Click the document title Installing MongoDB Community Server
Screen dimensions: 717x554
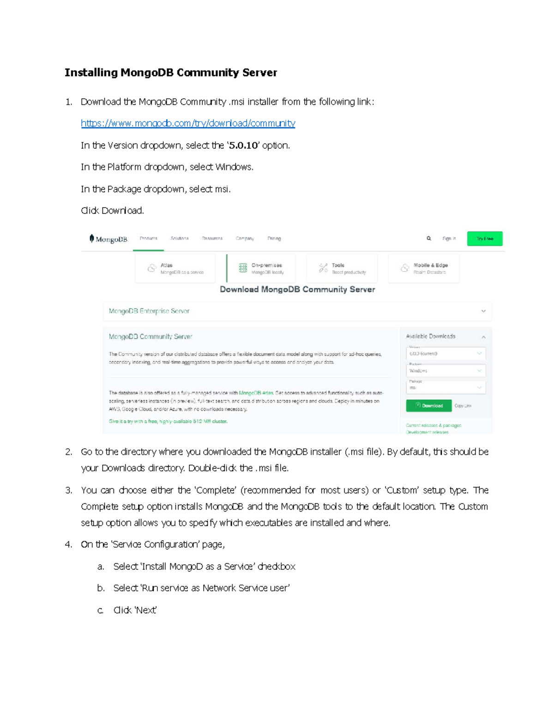170,72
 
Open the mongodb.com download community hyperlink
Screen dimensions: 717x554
188,123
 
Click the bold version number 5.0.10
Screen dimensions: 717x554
243,145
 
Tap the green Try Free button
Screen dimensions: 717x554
484,239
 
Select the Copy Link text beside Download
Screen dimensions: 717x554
463,406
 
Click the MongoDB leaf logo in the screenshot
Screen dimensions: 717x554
92,238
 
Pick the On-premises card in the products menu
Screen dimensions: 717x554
261,268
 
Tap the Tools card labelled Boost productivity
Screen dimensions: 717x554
342,268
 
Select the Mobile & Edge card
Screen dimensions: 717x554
424,268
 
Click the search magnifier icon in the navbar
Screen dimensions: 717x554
429,239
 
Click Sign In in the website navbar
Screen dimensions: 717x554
449,239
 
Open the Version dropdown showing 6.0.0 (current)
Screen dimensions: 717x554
446,354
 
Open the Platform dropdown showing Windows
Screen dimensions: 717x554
446,371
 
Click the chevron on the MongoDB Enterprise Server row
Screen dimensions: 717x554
483,311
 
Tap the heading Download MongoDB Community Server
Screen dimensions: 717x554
297,289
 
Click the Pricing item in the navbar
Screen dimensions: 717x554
274,239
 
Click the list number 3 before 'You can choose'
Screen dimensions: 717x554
68,490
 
